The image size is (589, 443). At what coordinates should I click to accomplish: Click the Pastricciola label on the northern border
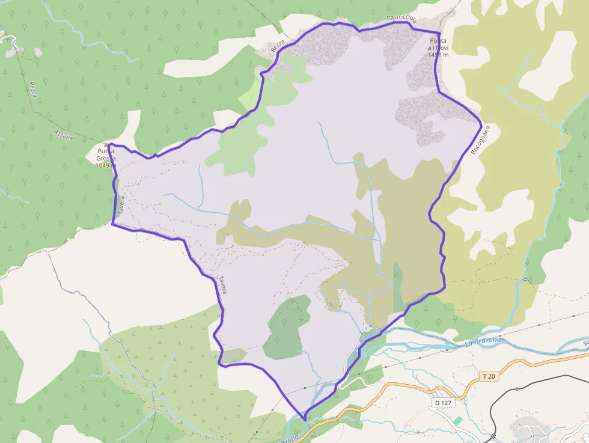[x=402, y=19]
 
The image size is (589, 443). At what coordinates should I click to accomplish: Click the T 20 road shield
[x=490, y=376]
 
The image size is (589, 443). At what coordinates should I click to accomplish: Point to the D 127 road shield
[x=442, y=402]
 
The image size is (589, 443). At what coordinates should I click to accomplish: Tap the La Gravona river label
[x=478, y=343]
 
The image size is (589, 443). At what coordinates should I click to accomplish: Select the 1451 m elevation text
[x=438, y=55]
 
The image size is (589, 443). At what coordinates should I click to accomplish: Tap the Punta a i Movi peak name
[x=438, y=44]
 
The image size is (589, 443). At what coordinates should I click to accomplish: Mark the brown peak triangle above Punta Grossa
[x=108, y=145]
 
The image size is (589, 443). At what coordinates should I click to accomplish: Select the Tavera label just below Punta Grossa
[x=121, y=205]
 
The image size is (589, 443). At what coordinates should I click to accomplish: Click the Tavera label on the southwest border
[x=222, y=284]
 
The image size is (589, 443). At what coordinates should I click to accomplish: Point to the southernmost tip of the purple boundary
[x=305, y=420]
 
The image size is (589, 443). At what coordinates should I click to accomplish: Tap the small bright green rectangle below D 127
[x=458, y=420]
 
